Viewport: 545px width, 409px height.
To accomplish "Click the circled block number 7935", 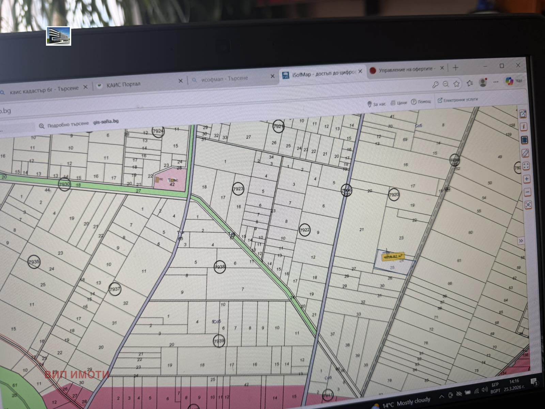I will (34, 262).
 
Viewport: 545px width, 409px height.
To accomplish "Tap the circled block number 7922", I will (305, 230).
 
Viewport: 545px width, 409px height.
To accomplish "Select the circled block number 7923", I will (238, 189).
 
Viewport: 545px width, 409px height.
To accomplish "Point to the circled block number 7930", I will (64, 184).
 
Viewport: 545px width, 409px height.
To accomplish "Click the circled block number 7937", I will (115, 289).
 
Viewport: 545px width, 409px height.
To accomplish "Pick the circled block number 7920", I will (393, 195).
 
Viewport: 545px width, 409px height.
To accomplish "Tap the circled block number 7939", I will (219, 340).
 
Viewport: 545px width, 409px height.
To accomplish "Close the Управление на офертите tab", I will (442, 68).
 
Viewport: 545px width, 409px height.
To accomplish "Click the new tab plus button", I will (455, 67).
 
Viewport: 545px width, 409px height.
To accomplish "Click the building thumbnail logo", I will (59, 36).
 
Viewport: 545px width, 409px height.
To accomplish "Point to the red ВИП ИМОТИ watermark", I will (77, 374).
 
